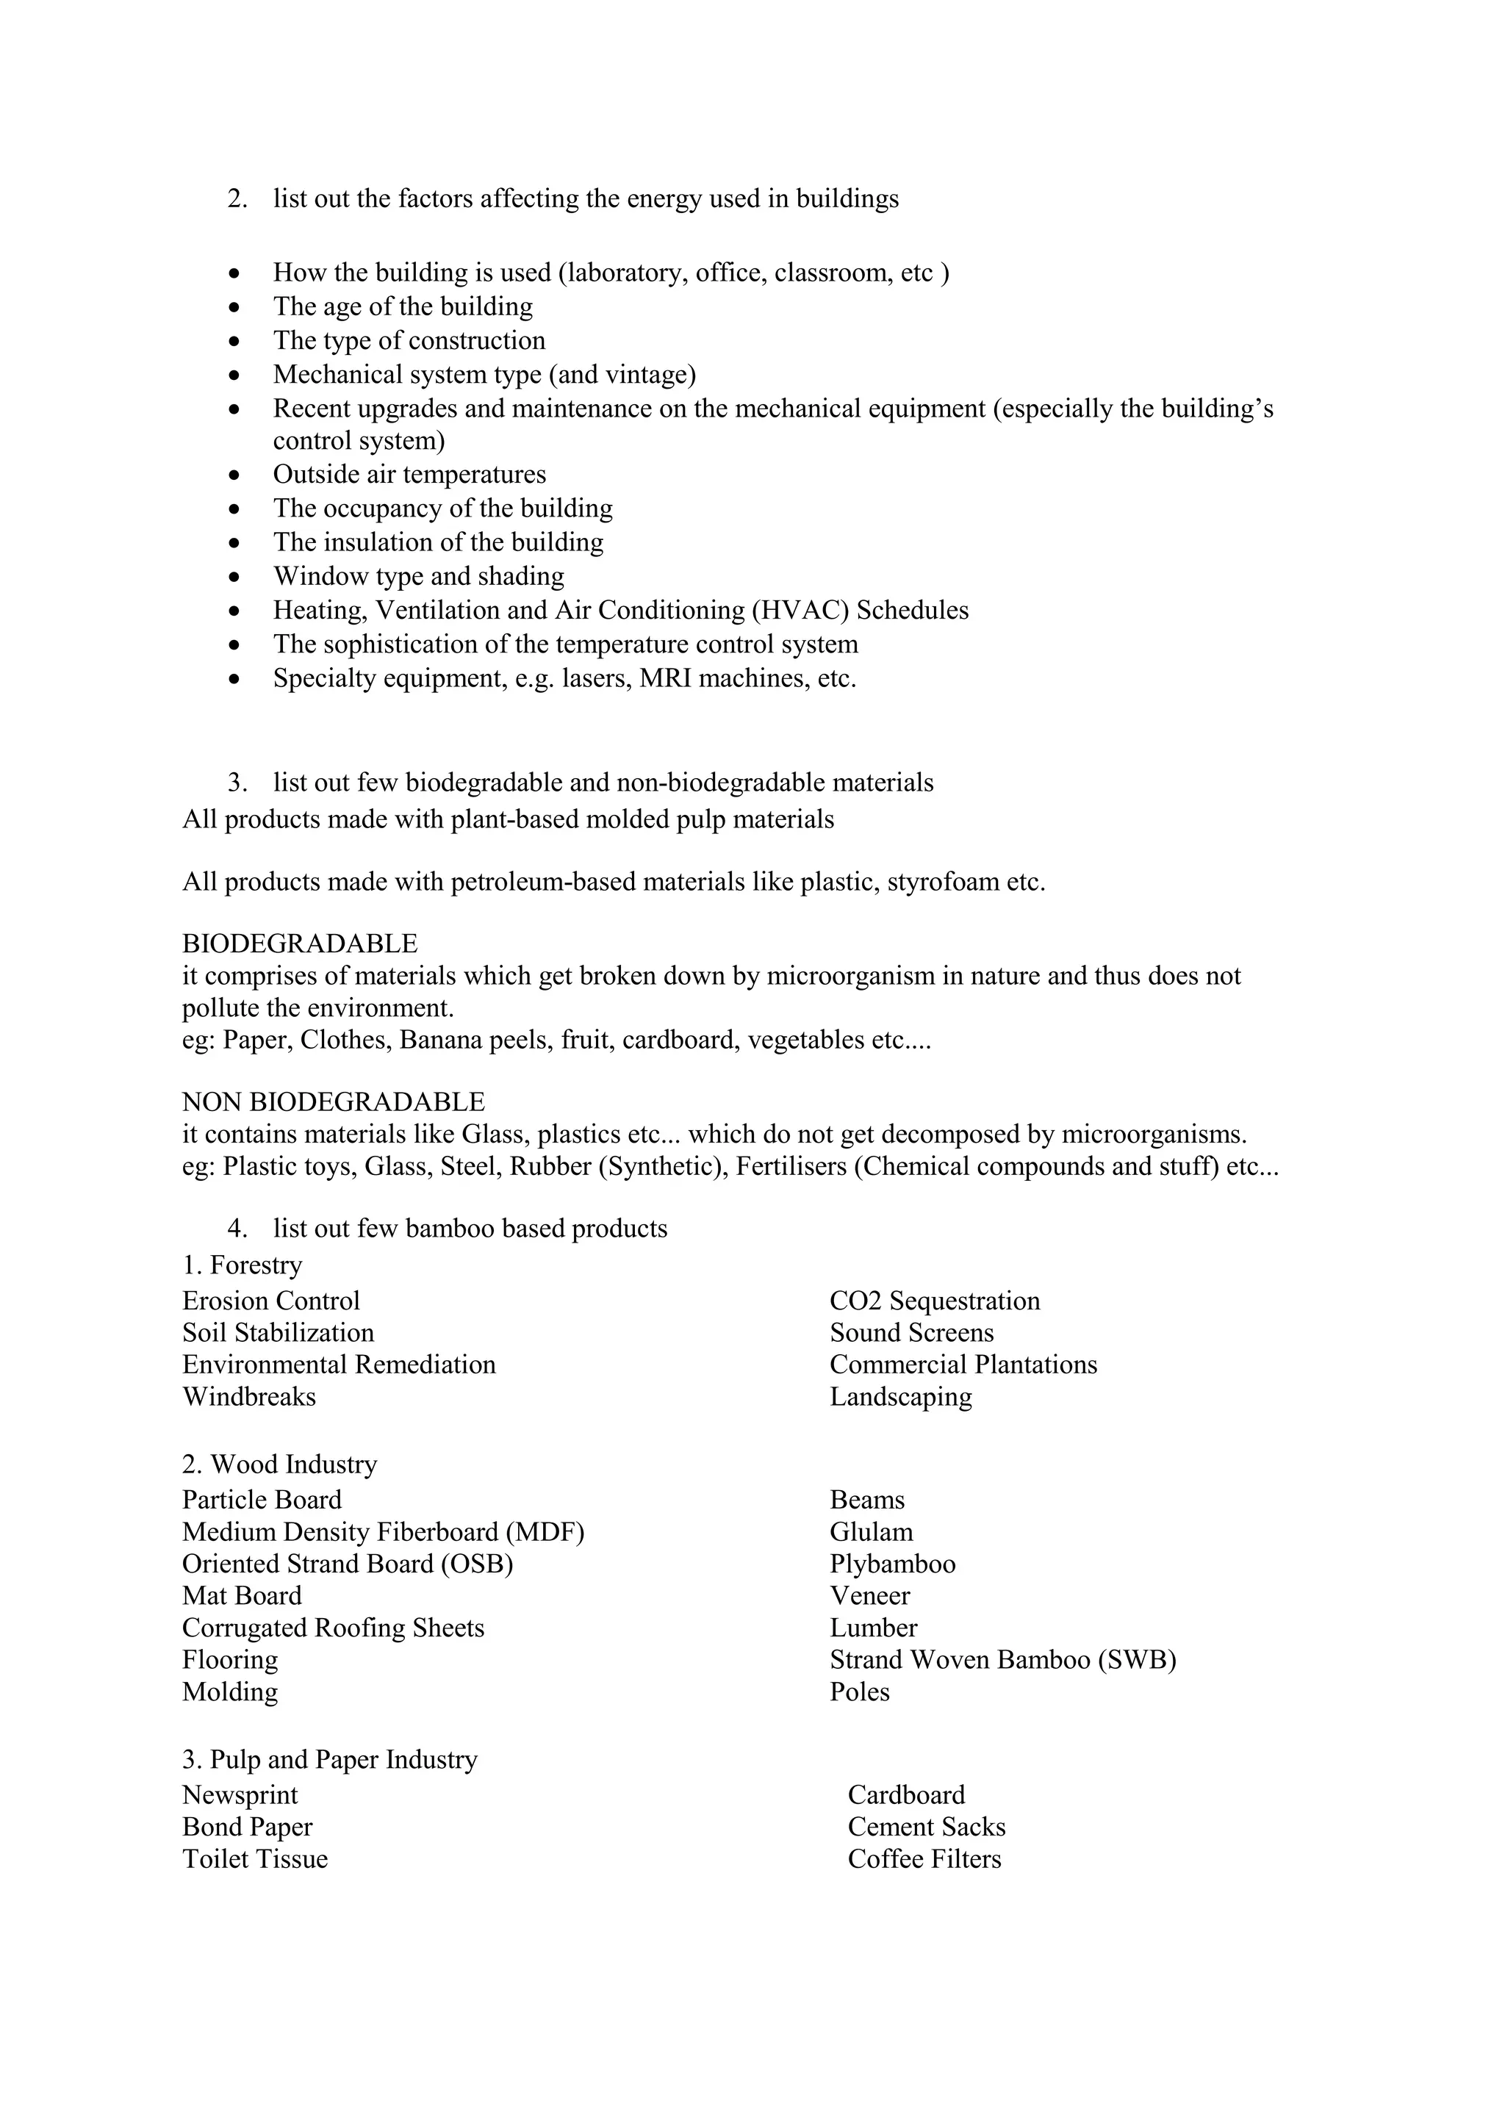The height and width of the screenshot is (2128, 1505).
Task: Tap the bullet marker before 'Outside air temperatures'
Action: [235, 475]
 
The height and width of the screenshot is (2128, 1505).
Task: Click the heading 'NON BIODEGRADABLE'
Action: [333, 1102]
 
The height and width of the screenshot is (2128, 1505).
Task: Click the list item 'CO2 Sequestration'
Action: [934, 1301]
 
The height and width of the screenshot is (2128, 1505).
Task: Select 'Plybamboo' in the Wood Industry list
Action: [891, 1564]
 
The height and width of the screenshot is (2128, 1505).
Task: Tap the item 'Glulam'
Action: [870, 1532]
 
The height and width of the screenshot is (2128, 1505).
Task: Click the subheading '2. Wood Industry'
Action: [279, 1464]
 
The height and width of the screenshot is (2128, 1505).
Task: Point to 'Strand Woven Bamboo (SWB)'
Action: [1002, 1660]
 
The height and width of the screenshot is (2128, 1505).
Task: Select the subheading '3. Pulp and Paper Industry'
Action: [329, 1760]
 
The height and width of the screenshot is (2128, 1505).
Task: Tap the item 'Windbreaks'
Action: [248, 1397]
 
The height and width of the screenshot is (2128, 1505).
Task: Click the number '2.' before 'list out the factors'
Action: [237, 199]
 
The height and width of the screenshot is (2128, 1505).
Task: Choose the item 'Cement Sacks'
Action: [926, 1827]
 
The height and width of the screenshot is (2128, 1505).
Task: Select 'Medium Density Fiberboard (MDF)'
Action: [383, 1532]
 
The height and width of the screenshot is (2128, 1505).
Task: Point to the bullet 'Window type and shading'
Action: [418, 577]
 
